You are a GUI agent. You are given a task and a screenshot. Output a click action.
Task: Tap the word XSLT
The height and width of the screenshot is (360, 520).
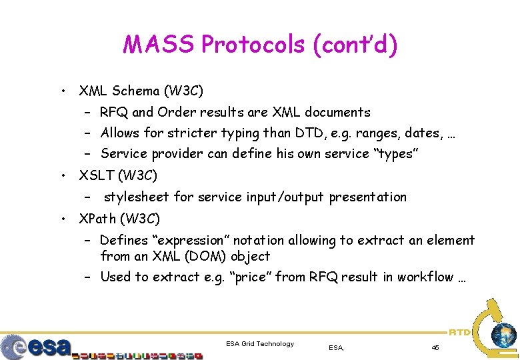coord(95,175)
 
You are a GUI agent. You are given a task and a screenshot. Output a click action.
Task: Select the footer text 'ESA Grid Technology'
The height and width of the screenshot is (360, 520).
coord(260,344)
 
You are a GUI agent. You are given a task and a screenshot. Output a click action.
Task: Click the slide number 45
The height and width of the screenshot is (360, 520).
coord(435,347)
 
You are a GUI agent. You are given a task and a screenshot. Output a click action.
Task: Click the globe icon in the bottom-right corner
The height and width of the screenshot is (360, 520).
coord(503,335)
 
